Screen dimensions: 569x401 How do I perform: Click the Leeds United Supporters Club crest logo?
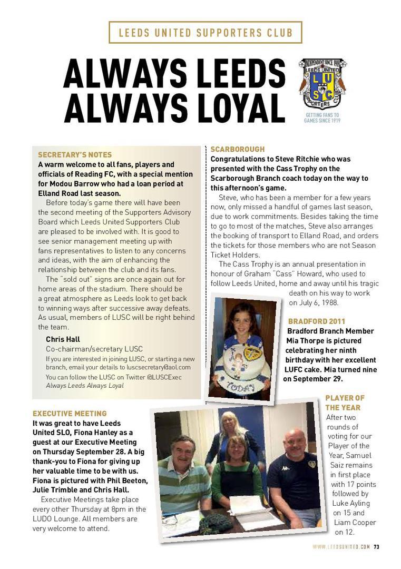coord(322,83)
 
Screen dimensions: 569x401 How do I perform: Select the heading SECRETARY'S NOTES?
coord(75,155)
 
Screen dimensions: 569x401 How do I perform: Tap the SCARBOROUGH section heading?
coord(238,149)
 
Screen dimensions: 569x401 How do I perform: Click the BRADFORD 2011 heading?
coord(317,321)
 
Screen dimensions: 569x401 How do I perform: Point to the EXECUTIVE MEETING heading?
coord(70,414)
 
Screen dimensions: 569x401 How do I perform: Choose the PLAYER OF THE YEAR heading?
coord(345,403)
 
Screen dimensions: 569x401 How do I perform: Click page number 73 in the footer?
coord(376,546)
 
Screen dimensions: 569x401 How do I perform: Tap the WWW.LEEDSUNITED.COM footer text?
coord(341,546)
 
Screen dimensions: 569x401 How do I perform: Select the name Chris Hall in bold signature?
coord(63,339)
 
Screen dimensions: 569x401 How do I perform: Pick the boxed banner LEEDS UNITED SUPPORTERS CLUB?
coord(205,33)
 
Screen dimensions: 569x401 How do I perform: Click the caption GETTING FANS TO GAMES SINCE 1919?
coord(322,117)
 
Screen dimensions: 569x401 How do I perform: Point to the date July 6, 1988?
coord(313,303)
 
